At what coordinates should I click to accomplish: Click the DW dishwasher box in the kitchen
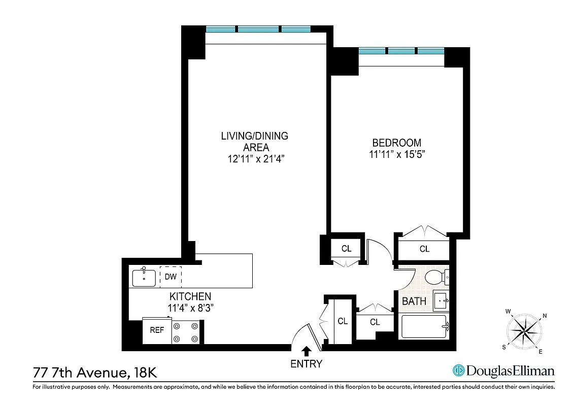coord(171,277)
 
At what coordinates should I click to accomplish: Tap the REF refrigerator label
coord(157,330)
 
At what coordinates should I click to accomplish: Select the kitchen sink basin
coord(144,278)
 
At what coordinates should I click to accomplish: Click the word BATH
coord(414,301)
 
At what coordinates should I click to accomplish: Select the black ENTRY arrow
coord(307,351)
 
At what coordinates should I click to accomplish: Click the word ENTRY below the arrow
coord(307,363)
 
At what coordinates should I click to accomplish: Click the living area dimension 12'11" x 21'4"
coord(254,159)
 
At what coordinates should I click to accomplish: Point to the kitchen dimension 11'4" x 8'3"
coord(190,307)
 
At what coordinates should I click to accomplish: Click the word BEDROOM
coord(396,143)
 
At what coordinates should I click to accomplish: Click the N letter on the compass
coord(545,316)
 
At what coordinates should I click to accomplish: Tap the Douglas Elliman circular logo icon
coord(459,371)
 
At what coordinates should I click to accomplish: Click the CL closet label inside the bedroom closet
coord(424,249)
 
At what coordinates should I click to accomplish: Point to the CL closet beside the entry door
coord(343,321)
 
